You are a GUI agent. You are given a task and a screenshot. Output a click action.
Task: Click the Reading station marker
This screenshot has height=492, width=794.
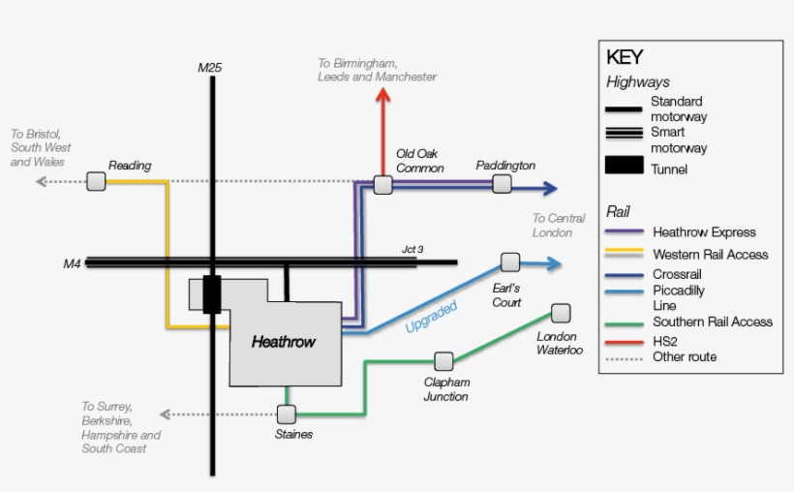point(96,181)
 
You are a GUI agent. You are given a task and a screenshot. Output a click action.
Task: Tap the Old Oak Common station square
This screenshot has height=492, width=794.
point(383,185)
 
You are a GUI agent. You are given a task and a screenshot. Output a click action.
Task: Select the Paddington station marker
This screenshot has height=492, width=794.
point(502,184)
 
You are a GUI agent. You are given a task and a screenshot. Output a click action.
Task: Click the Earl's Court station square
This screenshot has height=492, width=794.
point(510,262)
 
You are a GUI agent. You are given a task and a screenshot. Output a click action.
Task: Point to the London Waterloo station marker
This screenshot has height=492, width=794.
point(561,313)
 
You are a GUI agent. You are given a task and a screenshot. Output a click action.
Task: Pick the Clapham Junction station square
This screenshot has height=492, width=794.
point(443,361)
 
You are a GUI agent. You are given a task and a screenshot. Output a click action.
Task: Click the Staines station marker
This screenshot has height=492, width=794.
point(286,415)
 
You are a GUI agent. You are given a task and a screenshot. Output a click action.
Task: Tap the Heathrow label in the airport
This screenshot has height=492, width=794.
point(284,342)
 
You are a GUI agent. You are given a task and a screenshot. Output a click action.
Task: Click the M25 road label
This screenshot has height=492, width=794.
point(210,68)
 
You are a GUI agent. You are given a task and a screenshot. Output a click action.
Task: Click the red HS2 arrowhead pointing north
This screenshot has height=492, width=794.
point(383,95)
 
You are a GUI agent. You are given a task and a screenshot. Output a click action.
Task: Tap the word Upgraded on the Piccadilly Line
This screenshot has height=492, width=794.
point(431,317)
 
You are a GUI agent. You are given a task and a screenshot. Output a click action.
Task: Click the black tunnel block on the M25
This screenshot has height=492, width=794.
point(212,294)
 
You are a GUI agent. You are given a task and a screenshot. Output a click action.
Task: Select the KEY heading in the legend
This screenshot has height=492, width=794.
point(624,57)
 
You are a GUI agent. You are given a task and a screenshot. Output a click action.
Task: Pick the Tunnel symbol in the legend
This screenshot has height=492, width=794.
point(625,166)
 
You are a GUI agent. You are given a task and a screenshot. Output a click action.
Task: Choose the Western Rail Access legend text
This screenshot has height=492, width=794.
point(710,255)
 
